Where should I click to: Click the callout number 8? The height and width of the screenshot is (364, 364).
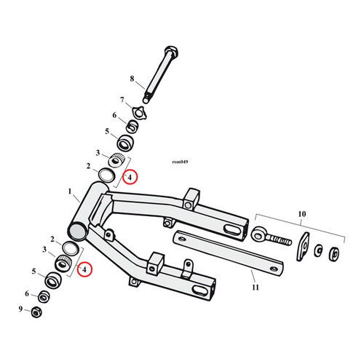132,78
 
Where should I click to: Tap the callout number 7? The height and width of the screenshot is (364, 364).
122,99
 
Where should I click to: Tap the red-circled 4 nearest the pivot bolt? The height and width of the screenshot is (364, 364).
129,177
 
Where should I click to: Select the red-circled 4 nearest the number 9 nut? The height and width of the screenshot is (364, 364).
85,269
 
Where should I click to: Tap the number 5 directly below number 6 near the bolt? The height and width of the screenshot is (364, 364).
106,132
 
